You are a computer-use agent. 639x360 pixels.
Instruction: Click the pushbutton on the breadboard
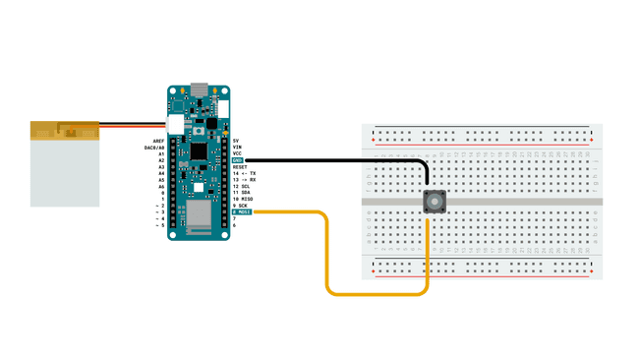(x=435, y=202)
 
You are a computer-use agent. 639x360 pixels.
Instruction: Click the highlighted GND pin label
(x=238, y=160)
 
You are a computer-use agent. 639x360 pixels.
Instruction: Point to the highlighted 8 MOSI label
(x=242, y=211)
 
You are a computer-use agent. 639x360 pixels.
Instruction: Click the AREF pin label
(x=158, y=141)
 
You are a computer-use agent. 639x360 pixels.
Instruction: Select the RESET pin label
(x=241, y=167)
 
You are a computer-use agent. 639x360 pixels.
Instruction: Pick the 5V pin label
(x=236, y=141)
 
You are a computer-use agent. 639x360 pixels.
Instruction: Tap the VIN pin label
(x=237, y=148)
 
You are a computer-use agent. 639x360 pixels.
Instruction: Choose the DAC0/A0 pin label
(x=154, y=148)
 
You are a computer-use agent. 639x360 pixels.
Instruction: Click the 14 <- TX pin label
(x=244, y=173)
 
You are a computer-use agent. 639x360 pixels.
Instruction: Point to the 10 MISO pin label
(x=243, y=199)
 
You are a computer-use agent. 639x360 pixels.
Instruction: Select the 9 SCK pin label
(x=241, y=206)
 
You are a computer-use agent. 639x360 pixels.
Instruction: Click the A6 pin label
(x=161, y=186)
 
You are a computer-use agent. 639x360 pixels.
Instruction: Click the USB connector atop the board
(x=200, y=90)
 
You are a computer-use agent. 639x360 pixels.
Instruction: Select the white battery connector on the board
(x=176, y=125)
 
